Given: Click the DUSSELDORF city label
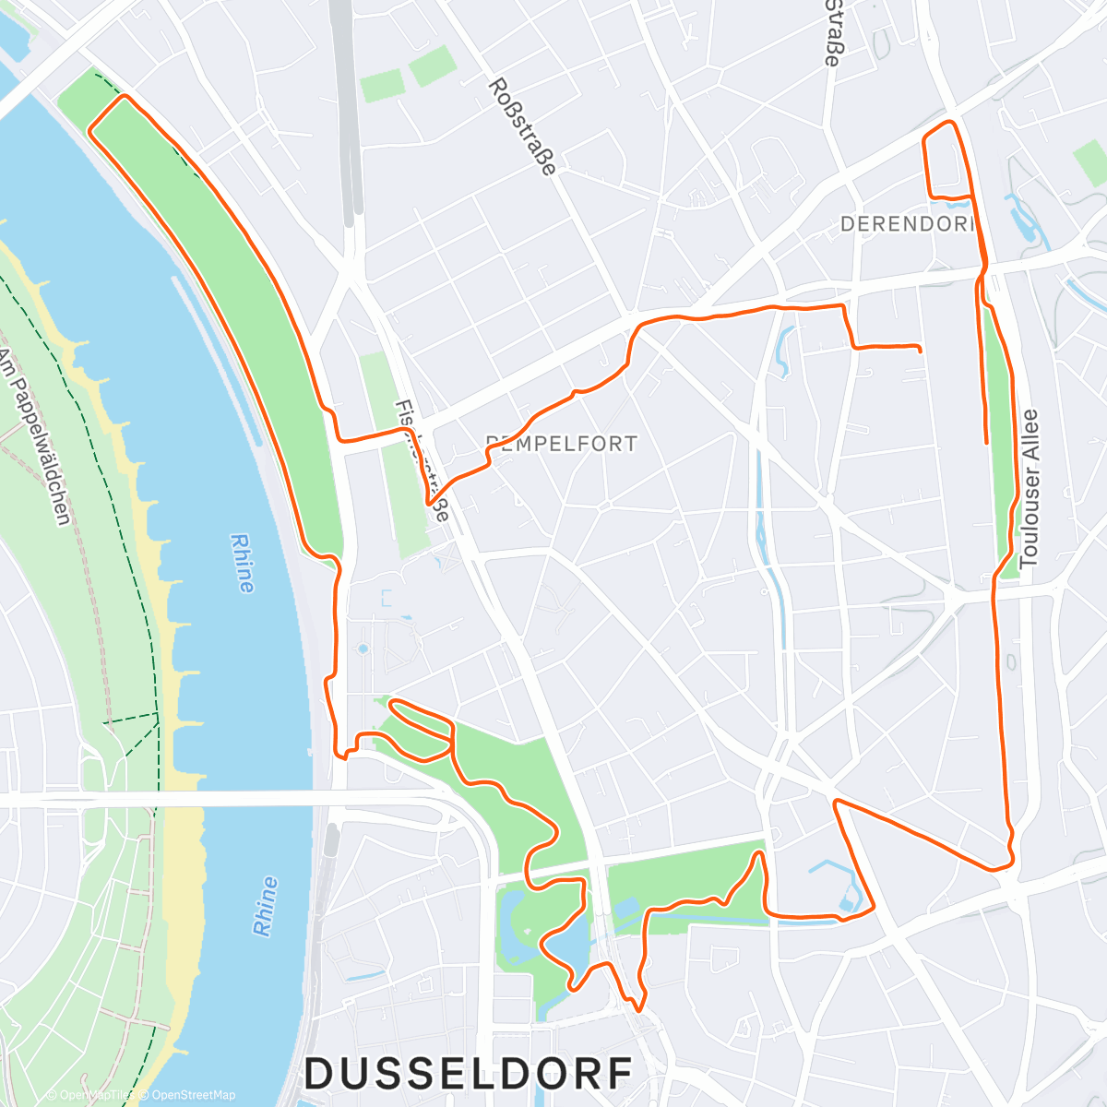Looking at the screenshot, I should click(469, 1074).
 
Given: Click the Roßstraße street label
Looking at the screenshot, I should click(522, 126).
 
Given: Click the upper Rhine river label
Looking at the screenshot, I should click(243, 563).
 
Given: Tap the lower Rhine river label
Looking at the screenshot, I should click(265, 906).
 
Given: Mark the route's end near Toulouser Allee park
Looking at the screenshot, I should click(987, 443).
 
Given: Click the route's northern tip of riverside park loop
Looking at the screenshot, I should click(121, 97).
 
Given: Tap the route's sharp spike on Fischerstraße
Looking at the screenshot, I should click(430, 503).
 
